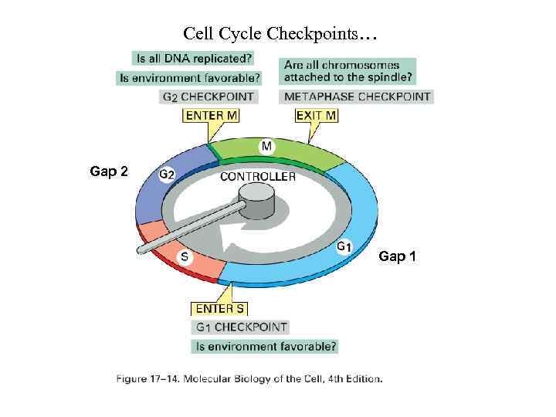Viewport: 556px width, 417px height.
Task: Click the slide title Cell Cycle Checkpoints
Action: (280, 34)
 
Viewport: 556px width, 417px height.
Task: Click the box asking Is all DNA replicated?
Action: (193, 58)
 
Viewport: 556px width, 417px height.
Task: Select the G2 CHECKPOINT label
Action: (208, 97)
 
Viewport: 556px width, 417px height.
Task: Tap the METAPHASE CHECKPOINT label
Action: (357, 97)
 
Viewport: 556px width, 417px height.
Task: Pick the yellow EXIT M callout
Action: (317, 116)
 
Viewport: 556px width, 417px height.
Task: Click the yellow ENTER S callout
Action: (219, 309)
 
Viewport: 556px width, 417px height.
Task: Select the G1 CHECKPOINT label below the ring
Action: (241, 327)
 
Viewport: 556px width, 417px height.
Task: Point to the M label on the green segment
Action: (266, 147)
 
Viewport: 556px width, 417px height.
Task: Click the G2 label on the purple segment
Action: (166, 175)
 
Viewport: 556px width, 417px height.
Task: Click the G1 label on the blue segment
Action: (345, 246)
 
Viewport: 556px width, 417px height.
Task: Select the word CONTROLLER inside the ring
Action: (258, 177)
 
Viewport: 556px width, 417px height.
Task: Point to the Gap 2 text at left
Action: (109, 171)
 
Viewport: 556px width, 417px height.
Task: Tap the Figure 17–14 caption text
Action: (249, 378)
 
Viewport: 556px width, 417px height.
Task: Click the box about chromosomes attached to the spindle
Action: (348, 71)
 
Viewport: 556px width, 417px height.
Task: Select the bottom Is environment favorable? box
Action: (266, 347)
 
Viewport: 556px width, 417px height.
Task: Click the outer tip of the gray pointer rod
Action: (141, 249)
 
